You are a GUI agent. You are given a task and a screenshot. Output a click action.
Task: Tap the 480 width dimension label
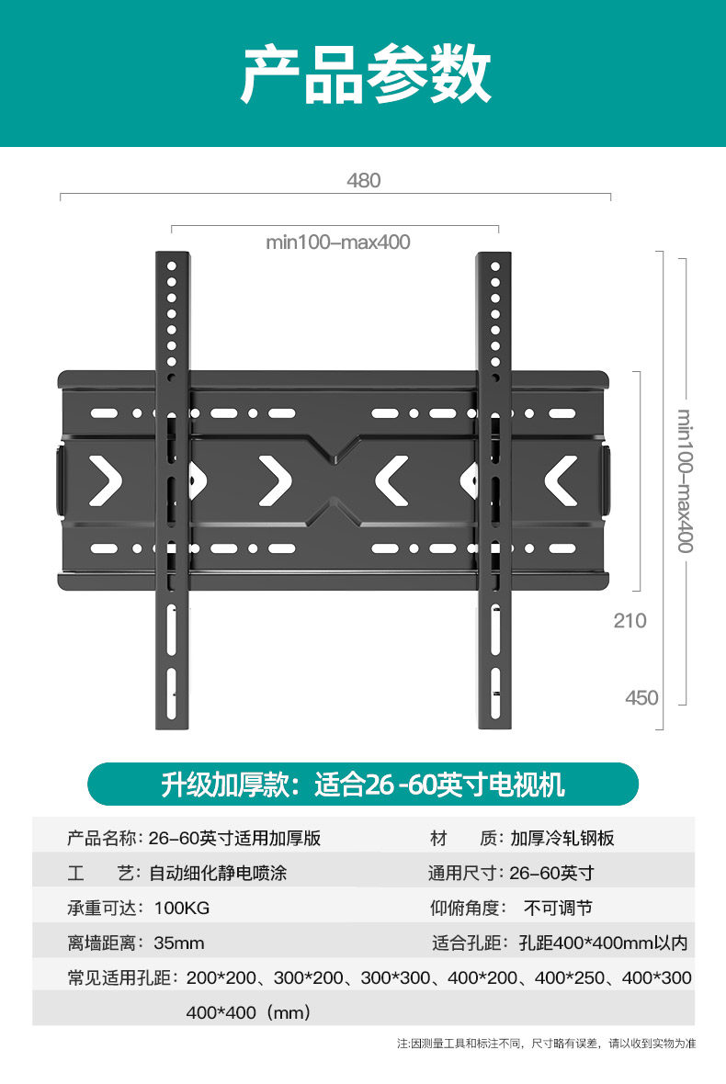pos(363,181)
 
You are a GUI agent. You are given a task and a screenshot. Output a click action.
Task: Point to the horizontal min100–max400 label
pos(337,243)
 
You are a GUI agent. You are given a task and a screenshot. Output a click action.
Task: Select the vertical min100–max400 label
pos(685,481)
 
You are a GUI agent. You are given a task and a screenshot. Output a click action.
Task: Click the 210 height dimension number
pos(630,621)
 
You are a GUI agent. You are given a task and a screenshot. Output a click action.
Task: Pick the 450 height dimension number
pos(641,698)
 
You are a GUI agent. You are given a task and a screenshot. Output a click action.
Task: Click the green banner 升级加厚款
pos(362,785)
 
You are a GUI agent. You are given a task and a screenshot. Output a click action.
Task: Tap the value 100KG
pos(182,909)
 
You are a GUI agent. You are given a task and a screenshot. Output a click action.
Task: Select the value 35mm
pos(179,943)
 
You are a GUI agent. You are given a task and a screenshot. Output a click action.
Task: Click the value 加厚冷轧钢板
pos(562,839)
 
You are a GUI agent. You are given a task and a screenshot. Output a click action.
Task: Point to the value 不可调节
pos(558,909)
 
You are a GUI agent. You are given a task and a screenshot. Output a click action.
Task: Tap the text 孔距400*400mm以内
pos(603,943)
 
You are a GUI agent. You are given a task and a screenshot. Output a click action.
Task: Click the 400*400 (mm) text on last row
pos(248,1013)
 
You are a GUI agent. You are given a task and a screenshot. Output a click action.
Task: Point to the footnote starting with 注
pos(546,1044)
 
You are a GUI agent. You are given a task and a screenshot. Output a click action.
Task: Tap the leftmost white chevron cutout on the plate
pos(106,480)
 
